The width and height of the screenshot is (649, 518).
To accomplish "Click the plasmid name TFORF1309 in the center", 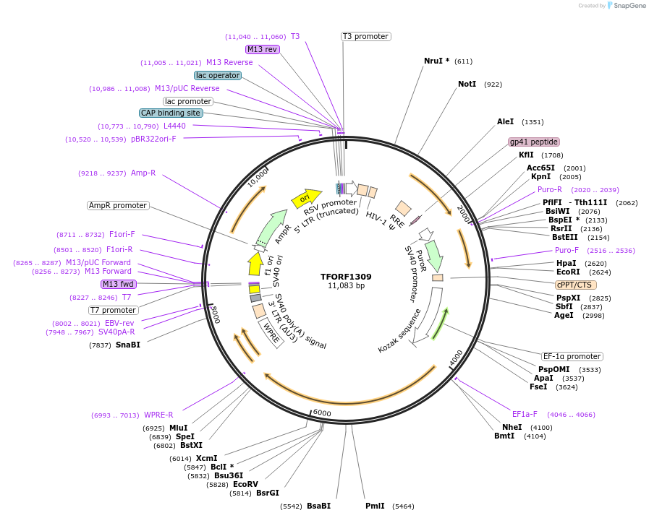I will point(346,277).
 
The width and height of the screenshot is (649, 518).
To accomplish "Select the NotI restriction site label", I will point(467,85).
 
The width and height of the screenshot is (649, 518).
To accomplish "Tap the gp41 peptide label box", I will point(533,142).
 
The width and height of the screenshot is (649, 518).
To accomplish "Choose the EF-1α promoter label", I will point(572,356).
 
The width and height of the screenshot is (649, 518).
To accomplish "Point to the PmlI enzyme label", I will point(375,506).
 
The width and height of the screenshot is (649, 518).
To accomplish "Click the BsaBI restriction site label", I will point(318,506).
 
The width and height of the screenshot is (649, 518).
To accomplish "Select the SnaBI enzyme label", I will point(127,345).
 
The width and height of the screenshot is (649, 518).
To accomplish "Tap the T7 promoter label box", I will point(114,310).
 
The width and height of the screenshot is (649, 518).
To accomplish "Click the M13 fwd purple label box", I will point(119,284).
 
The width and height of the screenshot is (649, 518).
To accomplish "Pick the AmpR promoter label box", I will point(118,206).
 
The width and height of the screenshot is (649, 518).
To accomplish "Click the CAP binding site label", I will point(171,113).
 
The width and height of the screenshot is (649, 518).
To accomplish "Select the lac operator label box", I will point(218,75).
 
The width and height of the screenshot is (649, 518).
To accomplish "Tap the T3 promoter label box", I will point(365,36).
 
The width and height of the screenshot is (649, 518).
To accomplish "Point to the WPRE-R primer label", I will point(158,415).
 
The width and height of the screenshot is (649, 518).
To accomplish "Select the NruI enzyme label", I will point(436,61).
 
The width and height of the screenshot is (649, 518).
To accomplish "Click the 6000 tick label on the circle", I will point(322,413).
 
